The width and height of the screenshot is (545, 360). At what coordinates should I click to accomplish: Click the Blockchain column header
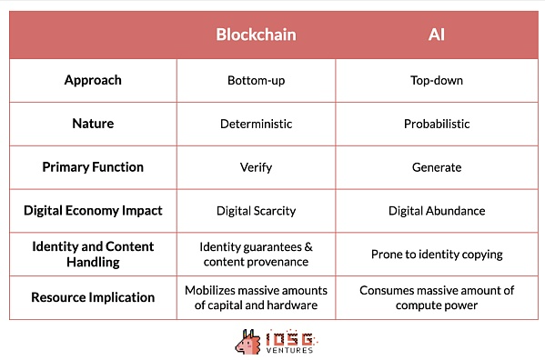256,35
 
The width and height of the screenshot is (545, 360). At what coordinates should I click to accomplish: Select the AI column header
436,35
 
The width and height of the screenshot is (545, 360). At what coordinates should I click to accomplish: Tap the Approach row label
93,80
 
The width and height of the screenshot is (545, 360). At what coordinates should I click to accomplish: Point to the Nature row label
93,124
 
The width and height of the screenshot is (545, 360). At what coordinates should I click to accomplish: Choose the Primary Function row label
93,167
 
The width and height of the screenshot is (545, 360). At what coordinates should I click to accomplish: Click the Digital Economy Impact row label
93,211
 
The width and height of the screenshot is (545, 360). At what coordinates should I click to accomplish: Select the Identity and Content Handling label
93,254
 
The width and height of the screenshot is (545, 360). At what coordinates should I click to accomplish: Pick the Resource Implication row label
93,297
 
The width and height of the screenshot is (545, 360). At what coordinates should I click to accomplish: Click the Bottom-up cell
256,80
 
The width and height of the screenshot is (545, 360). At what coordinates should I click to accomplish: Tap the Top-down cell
436,80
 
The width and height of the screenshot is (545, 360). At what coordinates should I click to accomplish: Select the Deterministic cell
256,124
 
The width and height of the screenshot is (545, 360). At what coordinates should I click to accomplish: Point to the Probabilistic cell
436,124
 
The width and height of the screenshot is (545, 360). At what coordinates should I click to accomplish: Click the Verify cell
256,167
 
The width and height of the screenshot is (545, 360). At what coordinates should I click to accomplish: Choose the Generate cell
436,167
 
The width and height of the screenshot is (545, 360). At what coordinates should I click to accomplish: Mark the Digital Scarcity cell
256,211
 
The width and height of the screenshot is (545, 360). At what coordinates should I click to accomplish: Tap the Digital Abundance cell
436,211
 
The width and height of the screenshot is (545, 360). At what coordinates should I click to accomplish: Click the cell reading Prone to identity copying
436,255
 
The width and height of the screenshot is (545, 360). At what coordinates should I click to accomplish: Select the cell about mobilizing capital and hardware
256,297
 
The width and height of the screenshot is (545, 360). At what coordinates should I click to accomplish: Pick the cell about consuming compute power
436,297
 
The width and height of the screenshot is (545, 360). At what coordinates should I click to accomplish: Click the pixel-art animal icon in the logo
247,341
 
